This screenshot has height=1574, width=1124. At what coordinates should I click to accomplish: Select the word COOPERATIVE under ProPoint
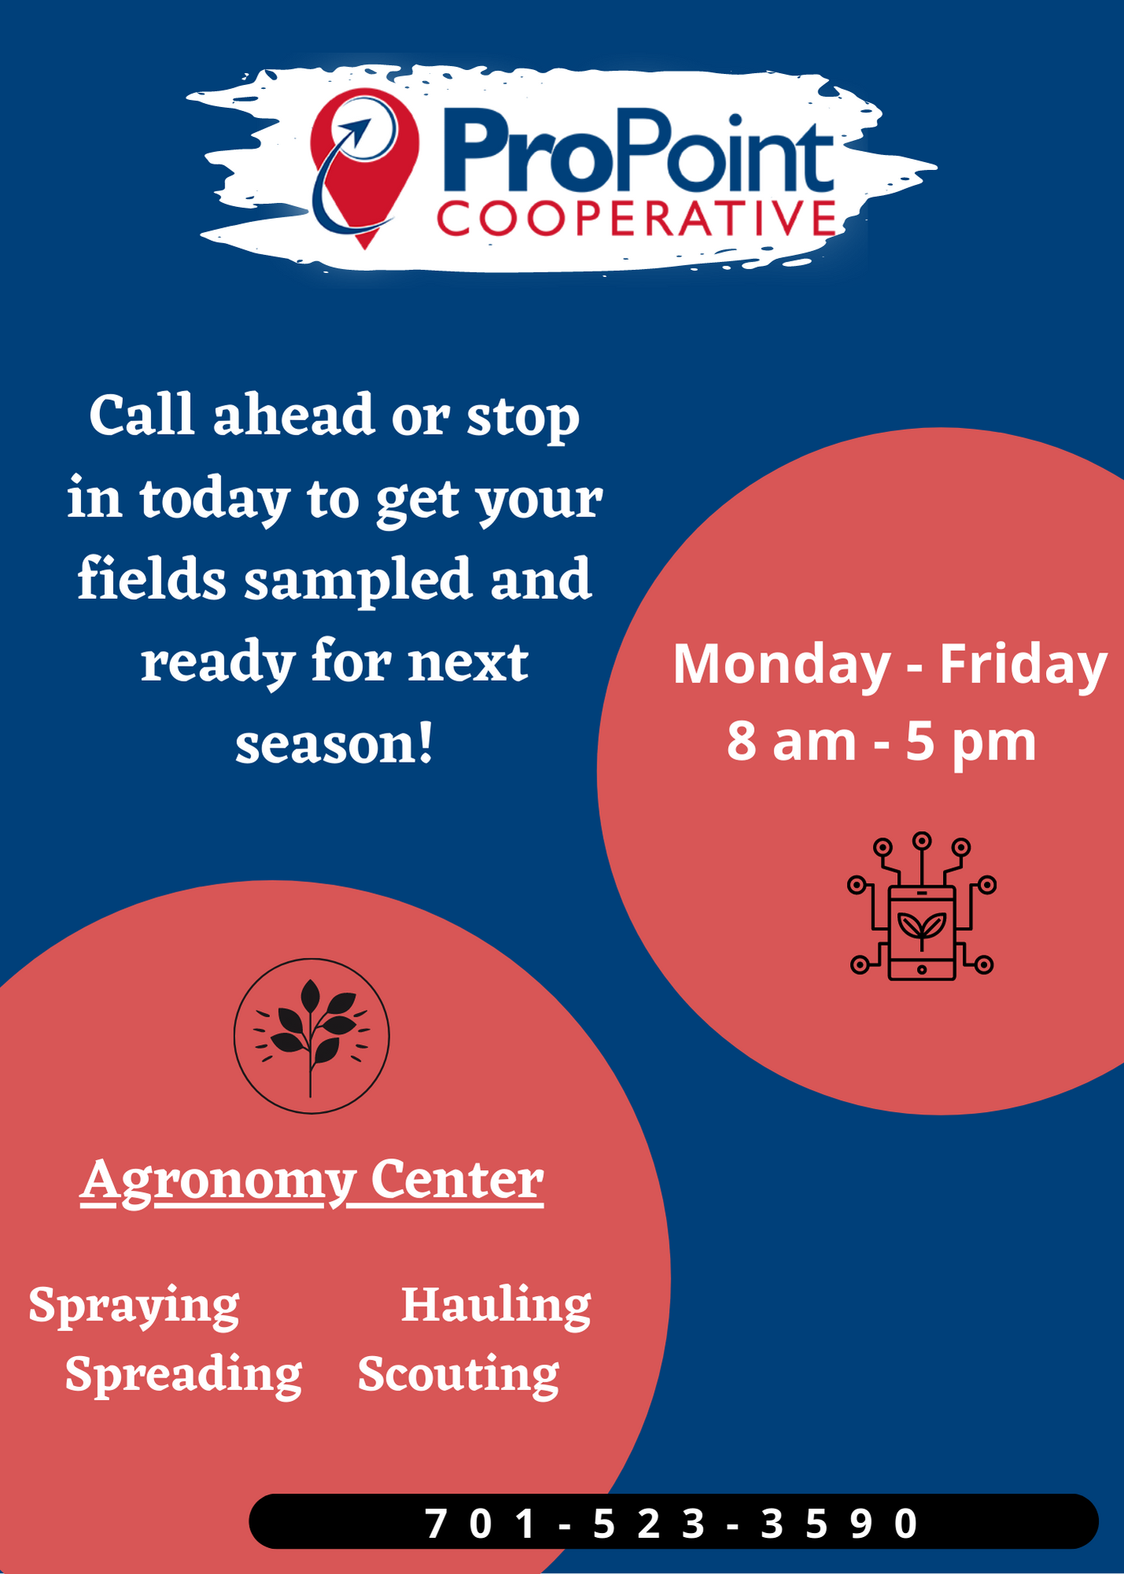coord(637,218)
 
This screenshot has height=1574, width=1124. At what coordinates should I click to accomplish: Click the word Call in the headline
coord(142,415)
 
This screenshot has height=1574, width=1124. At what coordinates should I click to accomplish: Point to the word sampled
coord(358,581)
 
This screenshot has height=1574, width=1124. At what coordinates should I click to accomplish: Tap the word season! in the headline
coord(335,744)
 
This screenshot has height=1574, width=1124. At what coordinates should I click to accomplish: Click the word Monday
coord(782,666)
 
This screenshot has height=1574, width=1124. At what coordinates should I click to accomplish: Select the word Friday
coord(1023,666)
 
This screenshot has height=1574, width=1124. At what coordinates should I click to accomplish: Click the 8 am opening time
coord(791,741)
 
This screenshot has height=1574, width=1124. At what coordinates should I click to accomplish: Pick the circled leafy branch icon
coord(312,1036)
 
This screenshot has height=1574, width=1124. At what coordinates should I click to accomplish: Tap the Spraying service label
coord(134,1307)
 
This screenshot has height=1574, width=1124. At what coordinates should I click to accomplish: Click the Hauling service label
coord(496,1306)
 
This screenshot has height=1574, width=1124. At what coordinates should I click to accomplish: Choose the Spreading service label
coord(183,1376)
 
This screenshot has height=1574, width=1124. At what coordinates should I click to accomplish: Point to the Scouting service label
coord(458,1376)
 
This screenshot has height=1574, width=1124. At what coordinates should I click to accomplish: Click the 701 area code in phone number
coord(480,1524)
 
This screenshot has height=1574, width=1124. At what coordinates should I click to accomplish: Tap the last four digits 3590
coord(839,1524)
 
